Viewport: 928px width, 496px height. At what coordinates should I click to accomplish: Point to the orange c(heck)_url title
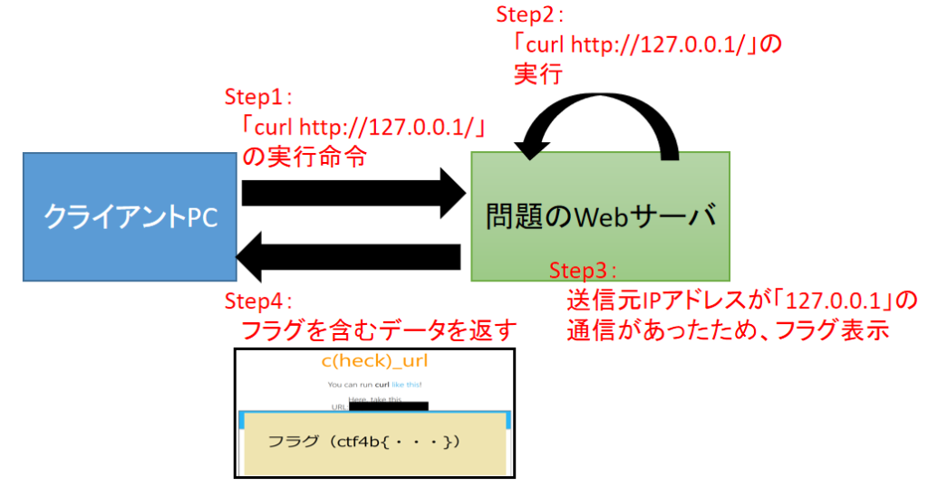point(374,362)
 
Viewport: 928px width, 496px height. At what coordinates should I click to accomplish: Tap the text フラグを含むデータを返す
point(377,330)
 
